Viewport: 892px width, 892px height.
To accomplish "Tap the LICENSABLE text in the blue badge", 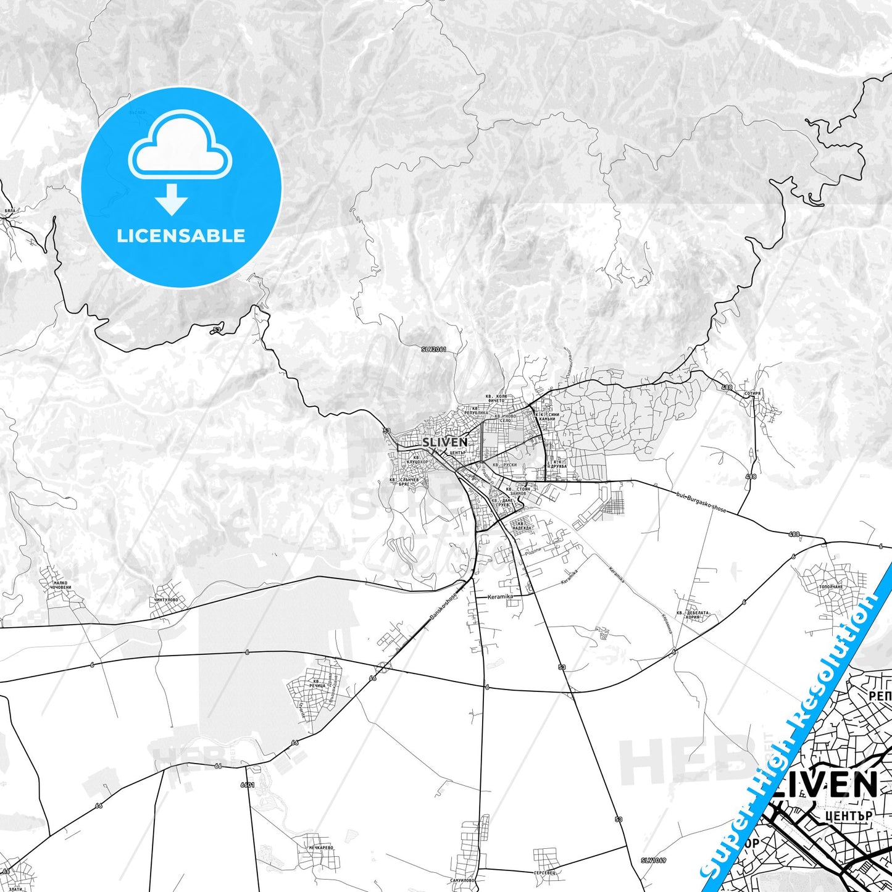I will (x=181, y=236).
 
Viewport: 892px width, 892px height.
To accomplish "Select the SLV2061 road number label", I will (x=433, y=349).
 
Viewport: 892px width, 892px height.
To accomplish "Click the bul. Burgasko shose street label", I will (x=701, y=502).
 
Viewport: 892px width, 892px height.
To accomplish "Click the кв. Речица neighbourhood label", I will (x=319, y=684).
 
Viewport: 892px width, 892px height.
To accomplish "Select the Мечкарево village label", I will (x=321, y=848).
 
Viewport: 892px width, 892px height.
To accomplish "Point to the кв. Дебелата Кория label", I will (x=693, y=615).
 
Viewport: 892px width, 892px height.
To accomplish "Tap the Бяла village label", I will (x=9, y=210).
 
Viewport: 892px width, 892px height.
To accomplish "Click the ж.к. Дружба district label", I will (x=558, y=464).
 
